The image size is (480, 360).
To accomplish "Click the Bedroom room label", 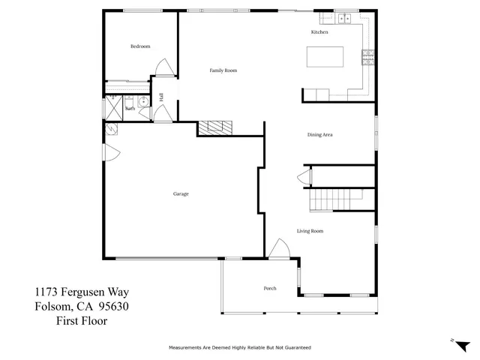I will [140, 46].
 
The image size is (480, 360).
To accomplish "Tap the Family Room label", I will [223, 70].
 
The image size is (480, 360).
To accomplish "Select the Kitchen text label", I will [319, 32].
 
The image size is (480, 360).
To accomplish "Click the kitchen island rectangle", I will [325, 57].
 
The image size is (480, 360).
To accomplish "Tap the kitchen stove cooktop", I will [367, 57].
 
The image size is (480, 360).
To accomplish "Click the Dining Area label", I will [319, 135].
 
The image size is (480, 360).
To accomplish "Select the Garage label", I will [181, 194].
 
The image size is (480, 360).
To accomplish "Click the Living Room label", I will [310, 231].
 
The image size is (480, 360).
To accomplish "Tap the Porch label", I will [270, 289].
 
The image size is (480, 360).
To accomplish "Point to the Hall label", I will [161, 97].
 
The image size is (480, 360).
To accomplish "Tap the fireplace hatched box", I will [216, 127].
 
